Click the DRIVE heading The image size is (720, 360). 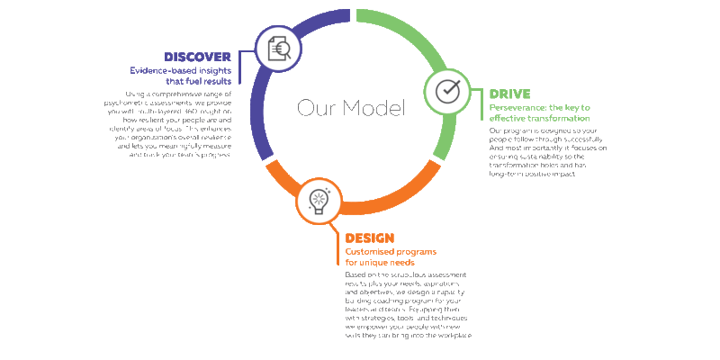click(x=509, y=94)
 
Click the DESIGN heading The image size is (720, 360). click(x=370, y=238)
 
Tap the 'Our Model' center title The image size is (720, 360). click(x=351, y=109)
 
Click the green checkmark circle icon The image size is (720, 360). click(x=447, y=92)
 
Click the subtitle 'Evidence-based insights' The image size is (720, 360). click(x=180, y=69)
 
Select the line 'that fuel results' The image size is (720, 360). click(x=201, y=81)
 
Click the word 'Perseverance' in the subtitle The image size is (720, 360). click(x=517, y=107)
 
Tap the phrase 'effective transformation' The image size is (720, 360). click(x=539, y=118)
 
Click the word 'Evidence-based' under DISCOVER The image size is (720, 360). click(x=157, y=69)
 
